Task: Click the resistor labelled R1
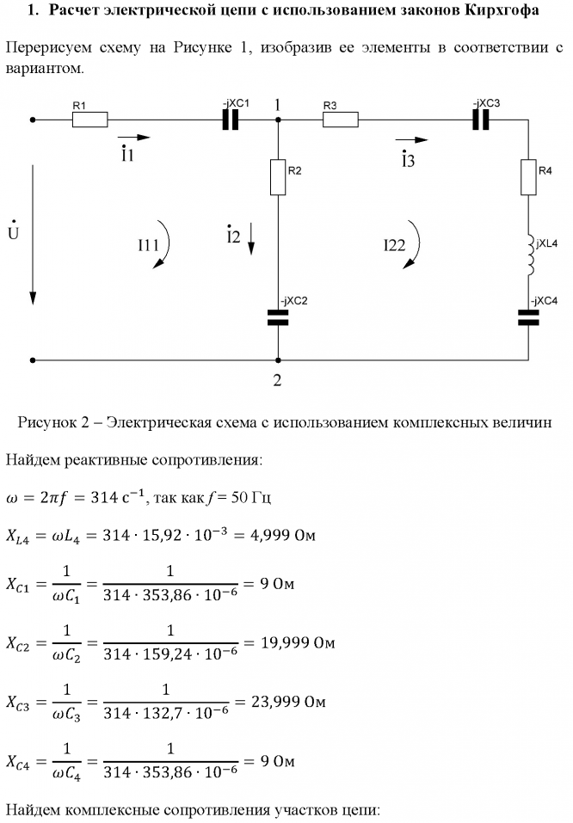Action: click(x=89, y=120)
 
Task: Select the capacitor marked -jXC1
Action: click(x=230, y=120)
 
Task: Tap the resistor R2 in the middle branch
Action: click(x=278, y=176)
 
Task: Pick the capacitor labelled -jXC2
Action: click(x=278, y=318)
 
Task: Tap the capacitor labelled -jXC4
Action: click(x=527, y=317)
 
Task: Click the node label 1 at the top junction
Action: click(x=278, y=104)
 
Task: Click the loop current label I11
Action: click(x=148, y=245)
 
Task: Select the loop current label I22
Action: click(x=395, y=245)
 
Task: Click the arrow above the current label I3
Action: click(x=410, y=138)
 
